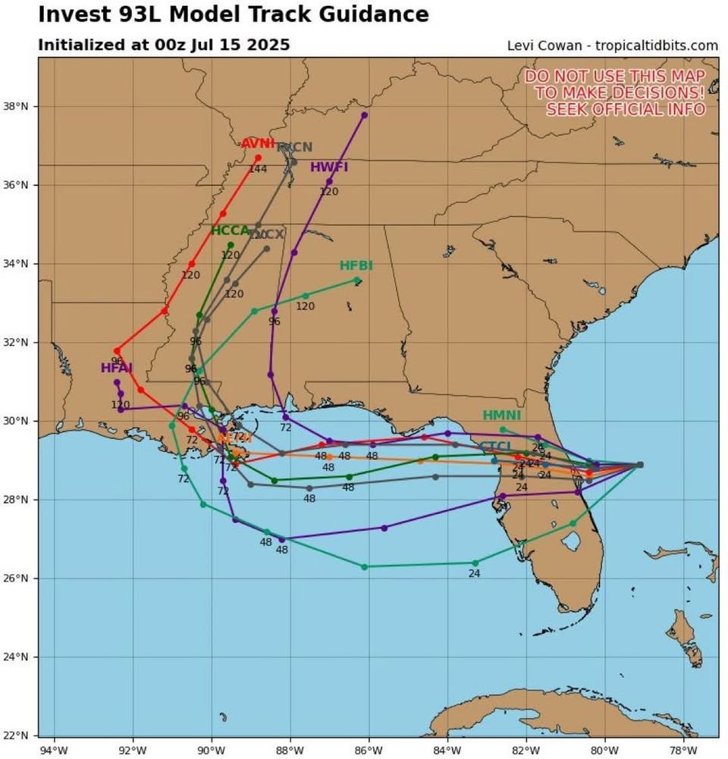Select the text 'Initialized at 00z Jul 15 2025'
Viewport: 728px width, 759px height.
(164, 45)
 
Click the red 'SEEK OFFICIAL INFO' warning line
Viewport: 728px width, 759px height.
(626, 108)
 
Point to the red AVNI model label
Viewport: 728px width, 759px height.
(258, 144)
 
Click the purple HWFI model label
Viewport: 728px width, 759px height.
(329, 168)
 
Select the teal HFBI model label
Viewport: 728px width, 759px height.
(356, 265)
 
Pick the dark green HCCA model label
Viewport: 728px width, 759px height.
(230, 231)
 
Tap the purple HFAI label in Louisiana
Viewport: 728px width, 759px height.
(117, 369)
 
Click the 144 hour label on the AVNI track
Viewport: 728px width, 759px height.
(258, 169)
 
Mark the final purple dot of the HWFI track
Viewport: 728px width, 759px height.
(365, 114)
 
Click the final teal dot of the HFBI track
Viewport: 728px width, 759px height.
(357, 280)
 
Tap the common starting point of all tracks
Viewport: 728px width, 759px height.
(640, 465)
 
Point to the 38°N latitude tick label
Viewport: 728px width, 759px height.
(20, 106)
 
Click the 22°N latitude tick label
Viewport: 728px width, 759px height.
(20, 735)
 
